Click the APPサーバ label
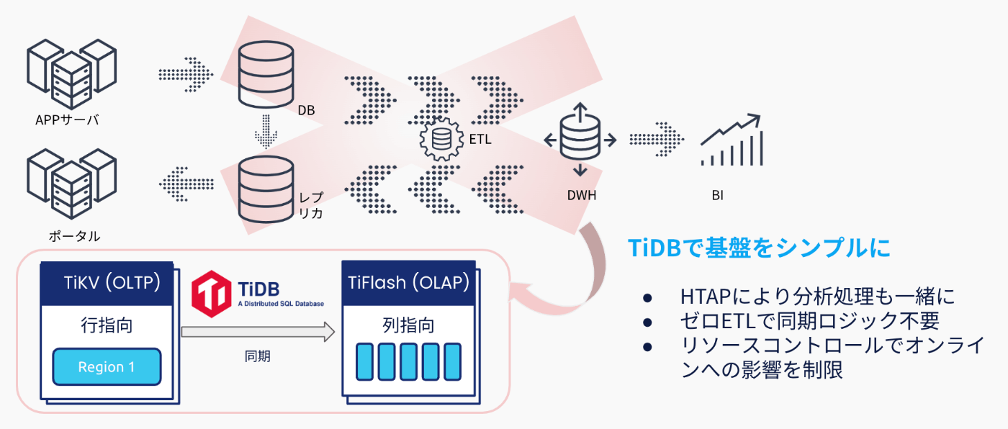pyautogui.click(x=67, y=120)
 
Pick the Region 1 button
pyautogui.click(x=107, y=367)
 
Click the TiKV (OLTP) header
pyautogui.click(x=107, y=281)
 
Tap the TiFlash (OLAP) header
pyautogui.click(x=408, y=281)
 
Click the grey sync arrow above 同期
pyautogui.click(x=258, y=332)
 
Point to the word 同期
pyautogui.click(x=258, y=356)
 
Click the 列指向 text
pyautogui.click(x=408, y=325)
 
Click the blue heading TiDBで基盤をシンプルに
pyautogui.click(x=760, y=247)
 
